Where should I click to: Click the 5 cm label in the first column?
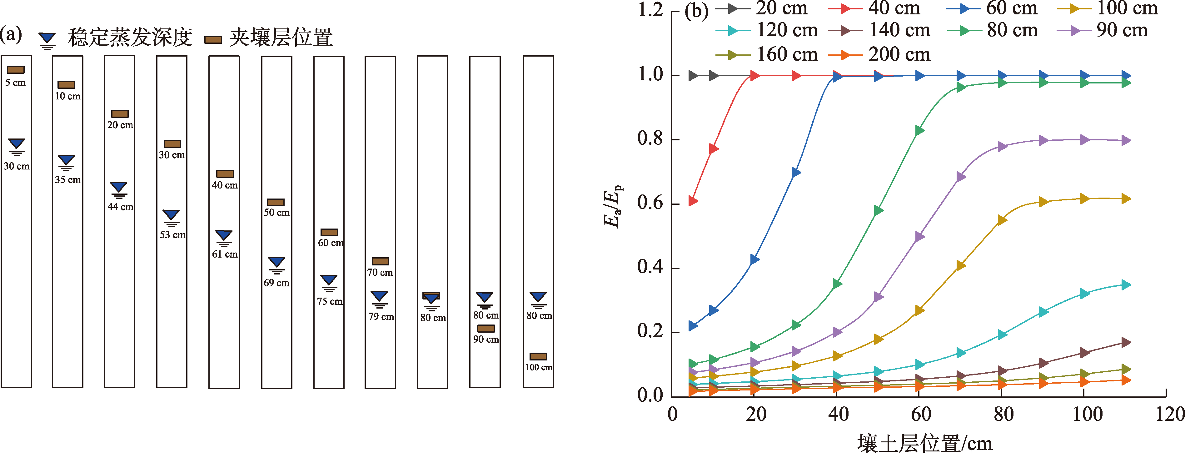coord(15,83)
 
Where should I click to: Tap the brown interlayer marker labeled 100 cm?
coord(538,356)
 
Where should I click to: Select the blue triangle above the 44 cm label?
coord(119,187)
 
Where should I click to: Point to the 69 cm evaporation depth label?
coord(276,283)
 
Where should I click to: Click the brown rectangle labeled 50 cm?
coord(276,202)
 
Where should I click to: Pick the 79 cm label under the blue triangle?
coord(381,316)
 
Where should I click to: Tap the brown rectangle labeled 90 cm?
coord(486,328)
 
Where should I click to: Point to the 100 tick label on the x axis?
coord(1088,414)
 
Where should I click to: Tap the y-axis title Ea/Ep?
coord(612,203)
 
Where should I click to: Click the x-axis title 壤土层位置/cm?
coord(925,443)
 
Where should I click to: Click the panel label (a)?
coord(11,34)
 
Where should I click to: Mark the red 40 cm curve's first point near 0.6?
coord(693,201)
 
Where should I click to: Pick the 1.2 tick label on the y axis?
coord(650,10)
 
